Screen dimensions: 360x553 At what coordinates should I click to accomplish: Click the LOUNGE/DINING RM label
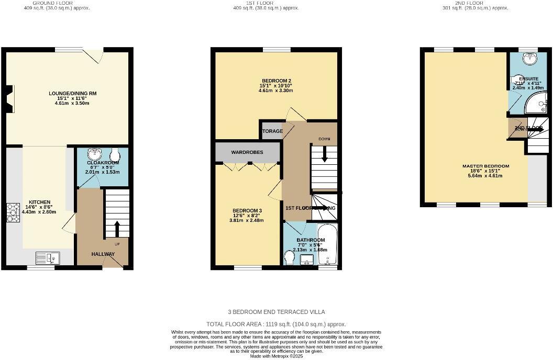[73, 93]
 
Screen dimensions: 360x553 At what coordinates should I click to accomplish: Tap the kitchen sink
[49, 257]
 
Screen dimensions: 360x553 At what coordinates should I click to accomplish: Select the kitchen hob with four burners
[13, 212]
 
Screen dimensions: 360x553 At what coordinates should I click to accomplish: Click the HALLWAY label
[103, 254]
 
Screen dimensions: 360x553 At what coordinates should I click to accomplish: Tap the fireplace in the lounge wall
[9, 99]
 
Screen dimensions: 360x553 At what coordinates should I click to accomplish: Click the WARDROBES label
[247, 152]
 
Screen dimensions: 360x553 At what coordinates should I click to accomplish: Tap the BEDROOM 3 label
[247, 210]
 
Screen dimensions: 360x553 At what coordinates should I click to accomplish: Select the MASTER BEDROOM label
[485, 166]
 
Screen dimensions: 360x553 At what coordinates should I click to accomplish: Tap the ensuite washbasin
[531, 59]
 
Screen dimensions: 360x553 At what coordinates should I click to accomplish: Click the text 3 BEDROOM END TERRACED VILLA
[276, 311]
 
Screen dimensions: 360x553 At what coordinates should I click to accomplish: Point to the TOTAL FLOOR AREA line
[276, 324]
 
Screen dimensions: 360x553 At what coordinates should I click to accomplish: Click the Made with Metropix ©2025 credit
[276, 356]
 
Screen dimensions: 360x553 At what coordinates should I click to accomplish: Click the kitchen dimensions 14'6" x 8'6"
[39, 207]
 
